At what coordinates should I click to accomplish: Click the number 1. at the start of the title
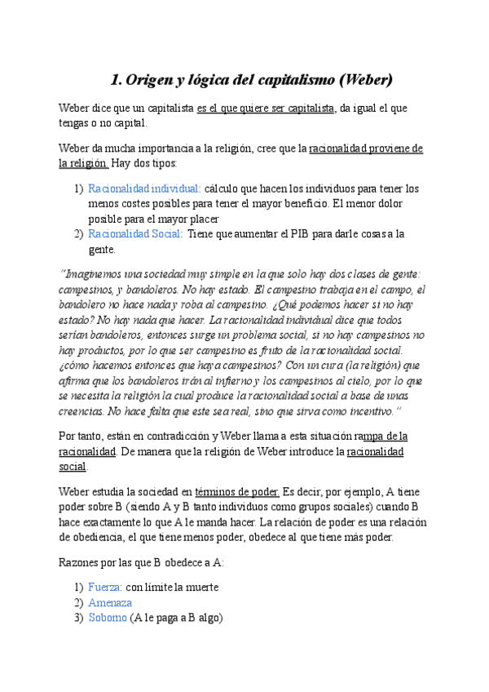coord(116,80)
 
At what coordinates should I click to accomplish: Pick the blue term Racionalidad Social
coord(134,234)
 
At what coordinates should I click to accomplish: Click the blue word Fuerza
coord(105,587)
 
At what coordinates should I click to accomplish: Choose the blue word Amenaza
coord(110,602)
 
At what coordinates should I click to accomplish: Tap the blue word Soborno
coord(108,618)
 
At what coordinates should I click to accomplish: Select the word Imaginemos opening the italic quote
coord(92,273)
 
